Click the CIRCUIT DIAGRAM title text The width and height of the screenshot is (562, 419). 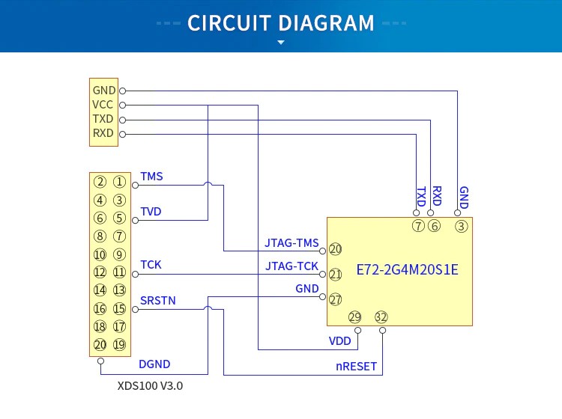tap(281, 22)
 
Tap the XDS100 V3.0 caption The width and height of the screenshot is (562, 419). tap(150, 387)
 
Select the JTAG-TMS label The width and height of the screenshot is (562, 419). tap(291, 243)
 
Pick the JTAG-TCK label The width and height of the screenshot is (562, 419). tap(291, 266)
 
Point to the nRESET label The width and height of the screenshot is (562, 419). tap(356, 367)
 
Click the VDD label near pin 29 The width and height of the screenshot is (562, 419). tap(339, 340)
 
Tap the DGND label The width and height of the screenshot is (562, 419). tap(154, 364)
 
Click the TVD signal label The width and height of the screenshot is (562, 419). tap(151, 212)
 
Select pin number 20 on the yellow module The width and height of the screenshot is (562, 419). tap(335, 249)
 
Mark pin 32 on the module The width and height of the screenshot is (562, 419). tap(381, 316)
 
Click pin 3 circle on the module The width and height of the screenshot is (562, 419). tap(462, 226)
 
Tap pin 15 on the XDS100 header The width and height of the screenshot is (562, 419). tap(119, 308)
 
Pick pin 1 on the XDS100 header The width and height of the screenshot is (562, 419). tap(119, 181)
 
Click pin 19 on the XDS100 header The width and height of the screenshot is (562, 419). tap(119, 345)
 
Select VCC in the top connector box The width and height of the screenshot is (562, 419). tap(103, 105)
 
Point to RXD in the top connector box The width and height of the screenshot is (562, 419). tap(103, 133)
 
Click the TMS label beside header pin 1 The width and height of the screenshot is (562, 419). tap(151, 177)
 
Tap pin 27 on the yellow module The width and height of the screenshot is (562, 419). tap(335, 299)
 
